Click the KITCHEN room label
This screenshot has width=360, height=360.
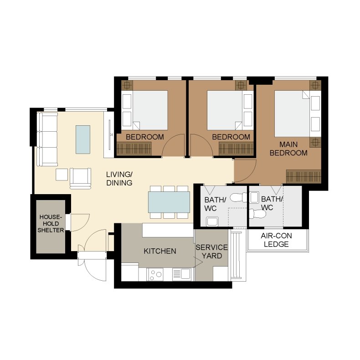160,251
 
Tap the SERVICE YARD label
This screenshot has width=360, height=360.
211,252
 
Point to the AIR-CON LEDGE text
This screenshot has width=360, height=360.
276,240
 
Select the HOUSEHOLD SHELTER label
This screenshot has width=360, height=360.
51,223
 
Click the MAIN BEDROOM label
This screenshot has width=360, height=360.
288,149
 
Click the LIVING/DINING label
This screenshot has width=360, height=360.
119,178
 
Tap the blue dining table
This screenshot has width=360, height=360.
169,202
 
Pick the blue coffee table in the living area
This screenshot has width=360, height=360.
83,139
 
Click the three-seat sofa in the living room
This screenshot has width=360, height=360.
47,139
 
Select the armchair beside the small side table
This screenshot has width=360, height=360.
80,178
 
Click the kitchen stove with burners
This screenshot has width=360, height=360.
155,274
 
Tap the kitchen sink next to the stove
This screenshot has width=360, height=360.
182,274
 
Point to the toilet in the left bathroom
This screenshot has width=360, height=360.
238,197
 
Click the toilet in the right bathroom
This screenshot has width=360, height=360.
257,214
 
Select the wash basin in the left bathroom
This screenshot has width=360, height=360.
212,221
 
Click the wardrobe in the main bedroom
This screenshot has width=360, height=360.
303,176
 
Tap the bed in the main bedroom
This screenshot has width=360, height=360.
297,113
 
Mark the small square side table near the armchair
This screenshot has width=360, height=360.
62,175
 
